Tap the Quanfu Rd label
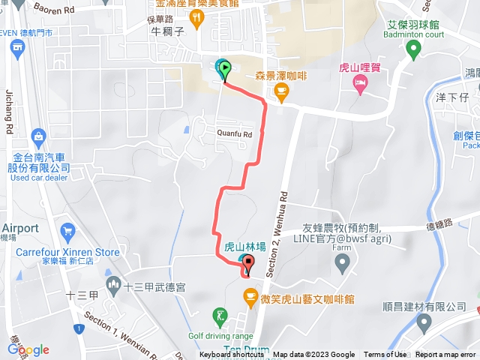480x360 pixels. (x=233, y=134)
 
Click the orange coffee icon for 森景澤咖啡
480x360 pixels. (x=281, y=93)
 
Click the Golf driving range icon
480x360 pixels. (x=219, y=316)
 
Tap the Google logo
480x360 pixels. (x=28, y=349)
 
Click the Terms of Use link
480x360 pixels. (x=385, y=355)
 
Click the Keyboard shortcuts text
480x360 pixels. (x=235, y=355)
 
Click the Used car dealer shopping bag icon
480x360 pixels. (x=39, y=136)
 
